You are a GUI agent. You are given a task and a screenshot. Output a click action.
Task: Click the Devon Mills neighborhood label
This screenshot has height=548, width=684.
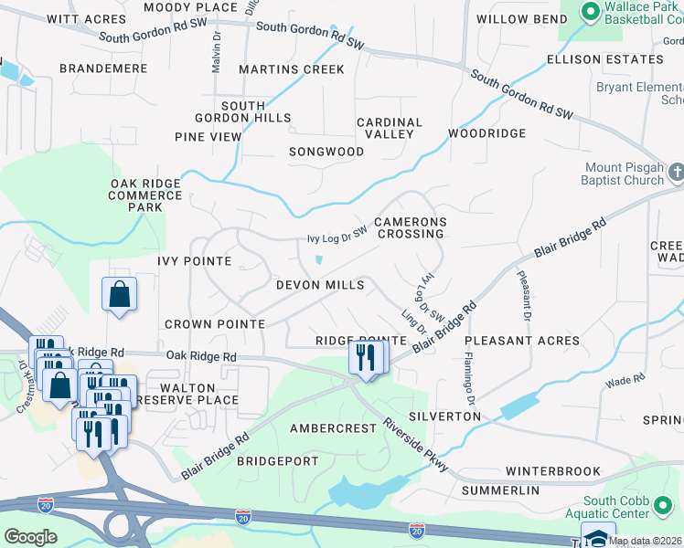point(320,285)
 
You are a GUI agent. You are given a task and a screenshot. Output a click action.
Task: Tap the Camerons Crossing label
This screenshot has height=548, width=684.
point(409,227)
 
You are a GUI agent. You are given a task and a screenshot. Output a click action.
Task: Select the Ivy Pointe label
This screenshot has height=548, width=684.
point(194,261)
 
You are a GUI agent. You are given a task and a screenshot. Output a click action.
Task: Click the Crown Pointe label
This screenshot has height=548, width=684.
point(215,324)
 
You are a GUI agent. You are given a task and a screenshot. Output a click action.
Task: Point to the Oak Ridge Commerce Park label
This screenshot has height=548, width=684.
point(145,195)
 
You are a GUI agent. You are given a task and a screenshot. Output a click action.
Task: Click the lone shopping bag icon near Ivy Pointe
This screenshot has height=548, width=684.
point(120,295)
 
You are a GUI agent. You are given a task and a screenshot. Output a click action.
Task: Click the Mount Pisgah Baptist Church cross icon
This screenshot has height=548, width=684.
point(676,172)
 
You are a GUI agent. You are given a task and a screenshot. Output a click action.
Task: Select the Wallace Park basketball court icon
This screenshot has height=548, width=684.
point(589,12)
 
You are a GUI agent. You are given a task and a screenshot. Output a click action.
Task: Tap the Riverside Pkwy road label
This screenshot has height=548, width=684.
point(417,445)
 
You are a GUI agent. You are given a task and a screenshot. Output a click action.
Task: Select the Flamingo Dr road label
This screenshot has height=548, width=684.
point(468,378)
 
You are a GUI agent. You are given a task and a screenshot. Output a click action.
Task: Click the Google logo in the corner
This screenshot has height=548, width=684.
point(30,537)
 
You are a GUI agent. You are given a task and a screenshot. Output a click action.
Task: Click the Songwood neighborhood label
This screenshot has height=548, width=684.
point(326,151)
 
